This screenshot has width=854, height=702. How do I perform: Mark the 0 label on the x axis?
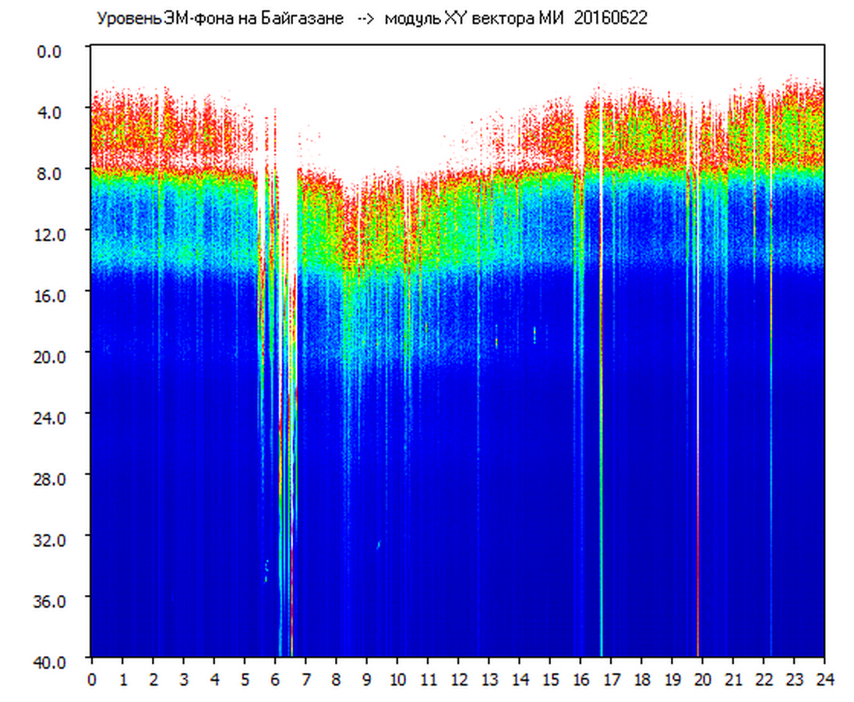pyautogui.click(x=92, y=679)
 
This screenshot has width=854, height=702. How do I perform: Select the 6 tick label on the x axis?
pyautogui.click(x=275, y=679)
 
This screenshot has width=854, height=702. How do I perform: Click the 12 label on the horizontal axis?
pyautogui.click(x=458, y=679)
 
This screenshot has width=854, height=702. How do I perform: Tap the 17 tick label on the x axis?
pyautogui.click(x=611, y=679)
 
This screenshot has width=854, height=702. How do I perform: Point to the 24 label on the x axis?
pyautogui.click(x=824, y=679)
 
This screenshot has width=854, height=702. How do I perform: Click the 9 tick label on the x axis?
pyautogui.click(x=366, y=679)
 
